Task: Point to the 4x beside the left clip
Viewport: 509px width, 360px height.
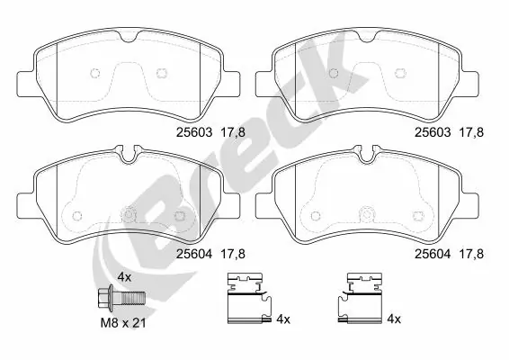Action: coord(282,319)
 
